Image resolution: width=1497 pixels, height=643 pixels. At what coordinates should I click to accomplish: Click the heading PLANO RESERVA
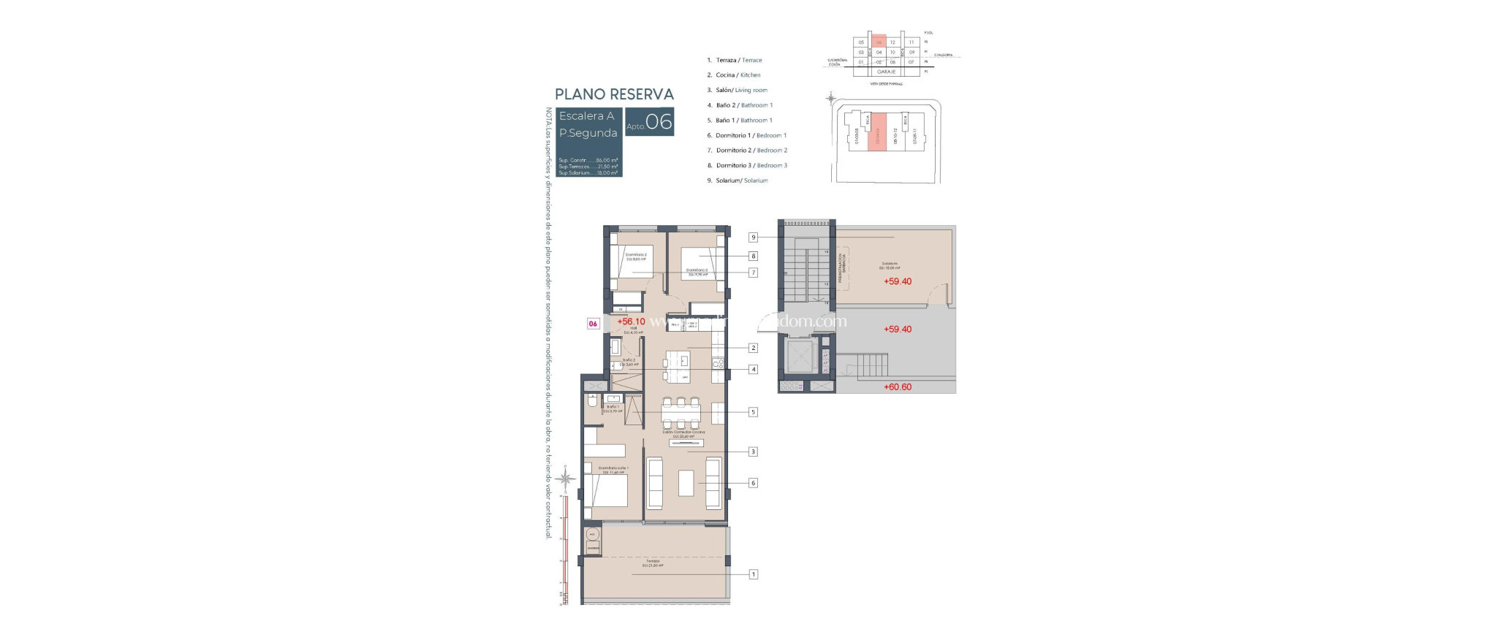click(614, 94)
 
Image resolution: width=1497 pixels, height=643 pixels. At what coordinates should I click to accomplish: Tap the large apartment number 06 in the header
click(659, 122)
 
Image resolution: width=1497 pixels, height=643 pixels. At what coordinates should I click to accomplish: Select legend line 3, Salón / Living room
click(738, 90)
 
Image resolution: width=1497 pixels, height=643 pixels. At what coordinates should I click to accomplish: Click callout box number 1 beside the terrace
click(753, 574)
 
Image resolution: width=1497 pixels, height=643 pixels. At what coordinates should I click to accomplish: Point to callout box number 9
click(753, 237)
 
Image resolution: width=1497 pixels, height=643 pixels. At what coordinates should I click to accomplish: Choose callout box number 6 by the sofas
click(753, 483)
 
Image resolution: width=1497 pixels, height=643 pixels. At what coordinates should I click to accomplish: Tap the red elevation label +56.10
click(631, 321)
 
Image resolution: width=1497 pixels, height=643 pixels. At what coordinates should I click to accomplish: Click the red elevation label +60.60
click(898, 387)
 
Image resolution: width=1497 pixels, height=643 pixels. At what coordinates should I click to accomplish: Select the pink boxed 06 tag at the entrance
click(593, 324)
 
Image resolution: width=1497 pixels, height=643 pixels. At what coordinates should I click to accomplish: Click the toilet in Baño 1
click(591, 401)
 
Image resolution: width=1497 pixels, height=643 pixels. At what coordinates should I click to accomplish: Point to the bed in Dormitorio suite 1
click(605, 490)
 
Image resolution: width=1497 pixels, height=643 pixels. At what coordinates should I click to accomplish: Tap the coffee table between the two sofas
click(686, 483)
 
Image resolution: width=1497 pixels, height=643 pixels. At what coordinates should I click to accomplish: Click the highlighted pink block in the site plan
click(877, 132)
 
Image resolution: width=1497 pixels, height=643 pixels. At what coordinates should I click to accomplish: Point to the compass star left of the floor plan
click(564, 479)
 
